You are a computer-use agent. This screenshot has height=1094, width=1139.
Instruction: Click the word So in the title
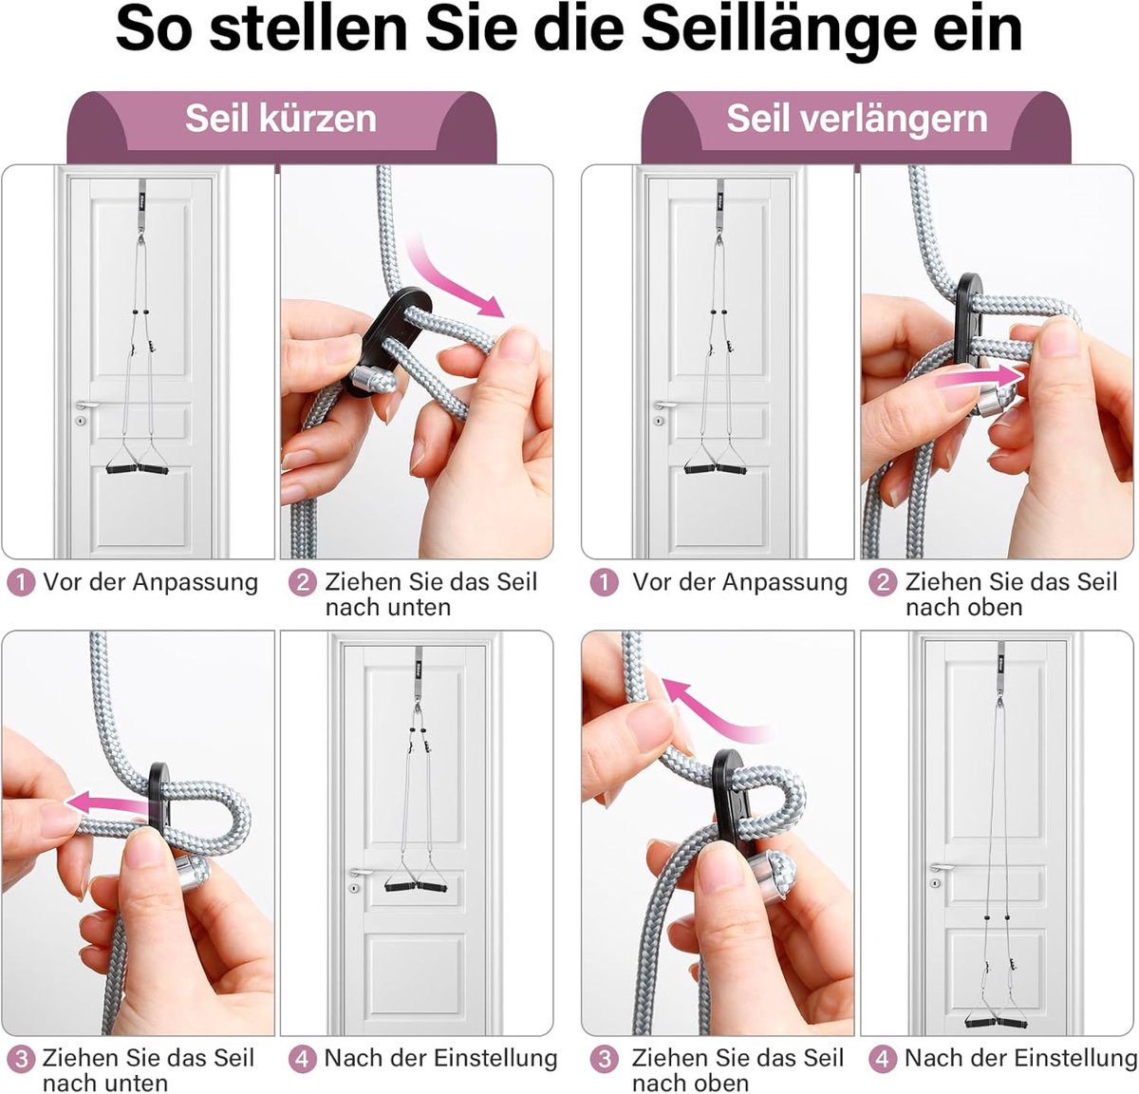(x=154, y=30)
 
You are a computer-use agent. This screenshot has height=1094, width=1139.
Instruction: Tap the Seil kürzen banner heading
(x=281, y=119)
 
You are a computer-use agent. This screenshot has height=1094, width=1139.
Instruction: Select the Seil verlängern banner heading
(x=857, y=119)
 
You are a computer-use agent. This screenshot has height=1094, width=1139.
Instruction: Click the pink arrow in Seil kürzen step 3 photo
(x=108, y=802)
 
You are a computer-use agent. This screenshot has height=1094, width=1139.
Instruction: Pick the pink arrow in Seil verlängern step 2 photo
(x=981, y=377)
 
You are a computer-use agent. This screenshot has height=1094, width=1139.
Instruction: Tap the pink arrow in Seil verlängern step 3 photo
(x=710, y=709)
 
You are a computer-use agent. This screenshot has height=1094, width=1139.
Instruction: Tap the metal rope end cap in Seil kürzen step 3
(x=191, y=872)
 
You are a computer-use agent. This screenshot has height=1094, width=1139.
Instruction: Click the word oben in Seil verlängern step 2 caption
(x=994, y=608)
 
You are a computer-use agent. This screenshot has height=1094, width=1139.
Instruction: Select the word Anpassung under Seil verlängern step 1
(x=784, y=582)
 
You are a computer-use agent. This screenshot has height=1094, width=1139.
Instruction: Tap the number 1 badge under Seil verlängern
(x=604, y=583)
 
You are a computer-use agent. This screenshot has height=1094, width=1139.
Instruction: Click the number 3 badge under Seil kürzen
(x=21, y=1059)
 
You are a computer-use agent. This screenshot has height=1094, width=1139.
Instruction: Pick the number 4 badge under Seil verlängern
(x=883, y=1059)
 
